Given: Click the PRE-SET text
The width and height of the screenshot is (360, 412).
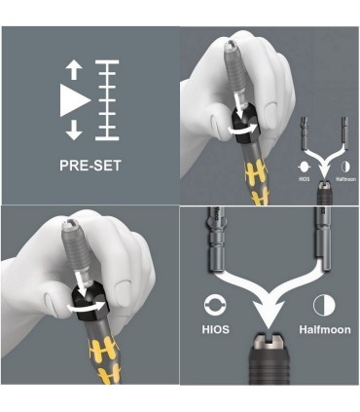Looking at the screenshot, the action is (90, 166).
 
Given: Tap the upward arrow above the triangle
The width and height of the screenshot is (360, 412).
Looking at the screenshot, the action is (74, 71).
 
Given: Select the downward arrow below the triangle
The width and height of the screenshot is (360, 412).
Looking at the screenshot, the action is (74, 130).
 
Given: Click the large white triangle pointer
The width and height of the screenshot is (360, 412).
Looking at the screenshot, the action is (75, 100).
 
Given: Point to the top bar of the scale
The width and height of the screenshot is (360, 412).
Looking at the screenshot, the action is (107, 62).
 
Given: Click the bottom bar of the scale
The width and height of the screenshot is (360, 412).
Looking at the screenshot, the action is (107, 138).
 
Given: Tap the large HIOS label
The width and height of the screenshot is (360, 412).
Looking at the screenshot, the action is (216, 329).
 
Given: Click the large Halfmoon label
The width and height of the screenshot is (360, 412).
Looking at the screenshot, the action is (325, 329).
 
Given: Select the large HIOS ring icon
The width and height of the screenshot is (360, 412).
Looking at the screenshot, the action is (216, 306).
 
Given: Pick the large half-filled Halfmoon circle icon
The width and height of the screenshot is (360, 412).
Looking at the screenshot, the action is (324, 305).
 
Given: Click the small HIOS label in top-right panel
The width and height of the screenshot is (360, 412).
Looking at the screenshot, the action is (304, 179).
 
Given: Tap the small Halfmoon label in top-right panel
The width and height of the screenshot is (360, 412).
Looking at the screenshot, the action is (346, 179).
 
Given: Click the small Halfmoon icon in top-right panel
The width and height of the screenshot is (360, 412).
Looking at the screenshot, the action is (345, 167).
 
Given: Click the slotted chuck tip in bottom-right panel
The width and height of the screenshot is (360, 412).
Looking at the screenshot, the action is (268, 342).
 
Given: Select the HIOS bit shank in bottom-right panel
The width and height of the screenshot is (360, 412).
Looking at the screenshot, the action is (215, 242).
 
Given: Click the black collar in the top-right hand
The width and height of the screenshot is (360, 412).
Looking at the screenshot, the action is (245, 129).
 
